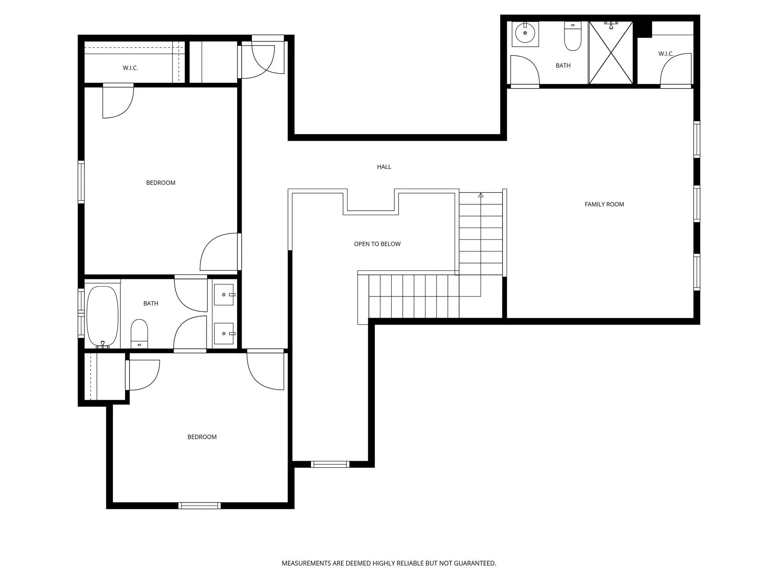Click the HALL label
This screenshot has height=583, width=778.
[384, 167]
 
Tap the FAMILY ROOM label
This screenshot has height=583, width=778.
[604, 204]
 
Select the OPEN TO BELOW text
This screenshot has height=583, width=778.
[377, 244]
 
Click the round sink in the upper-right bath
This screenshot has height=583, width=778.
[525, 33]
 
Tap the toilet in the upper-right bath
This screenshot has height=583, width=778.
[572, 37]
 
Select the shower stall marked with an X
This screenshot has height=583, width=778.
[611, 53]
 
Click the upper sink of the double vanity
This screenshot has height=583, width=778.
[224, 295]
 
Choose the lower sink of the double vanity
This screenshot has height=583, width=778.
[224, 333]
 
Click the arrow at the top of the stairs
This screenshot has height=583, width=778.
[481, 195]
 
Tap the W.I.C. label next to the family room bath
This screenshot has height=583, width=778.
[666, 54]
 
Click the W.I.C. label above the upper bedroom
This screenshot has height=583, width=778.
[130, 68]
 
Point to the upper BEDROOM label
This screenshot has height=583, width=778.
[161, 183]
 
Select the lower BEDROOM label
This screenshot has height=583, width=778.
[202, 437]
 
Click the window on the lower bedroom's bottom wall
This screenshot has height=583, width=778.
[199, 506]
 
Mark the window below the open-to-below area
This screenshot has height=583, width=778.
[330, 464]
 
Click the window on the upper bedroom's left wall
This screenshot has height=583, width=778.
[81, 182]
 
